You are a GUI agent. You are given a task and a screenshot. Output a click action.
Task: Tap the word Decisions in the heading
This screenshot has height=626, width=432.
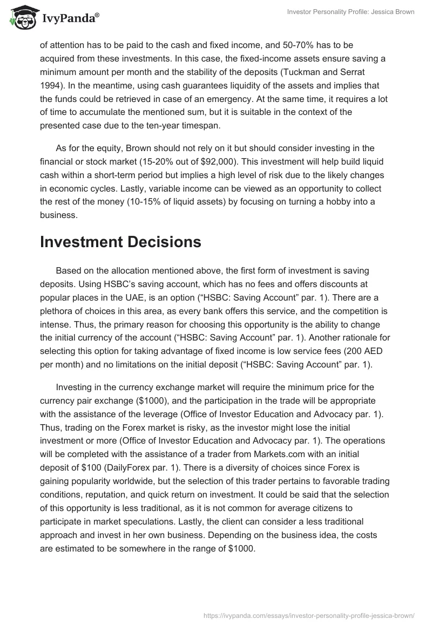pyautogui.click(x=164, y=242)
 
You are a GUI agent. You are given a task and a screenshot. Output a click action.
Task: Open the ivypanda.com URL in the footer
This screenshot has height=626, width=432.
pyautogui.click(x=307, y=615)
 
